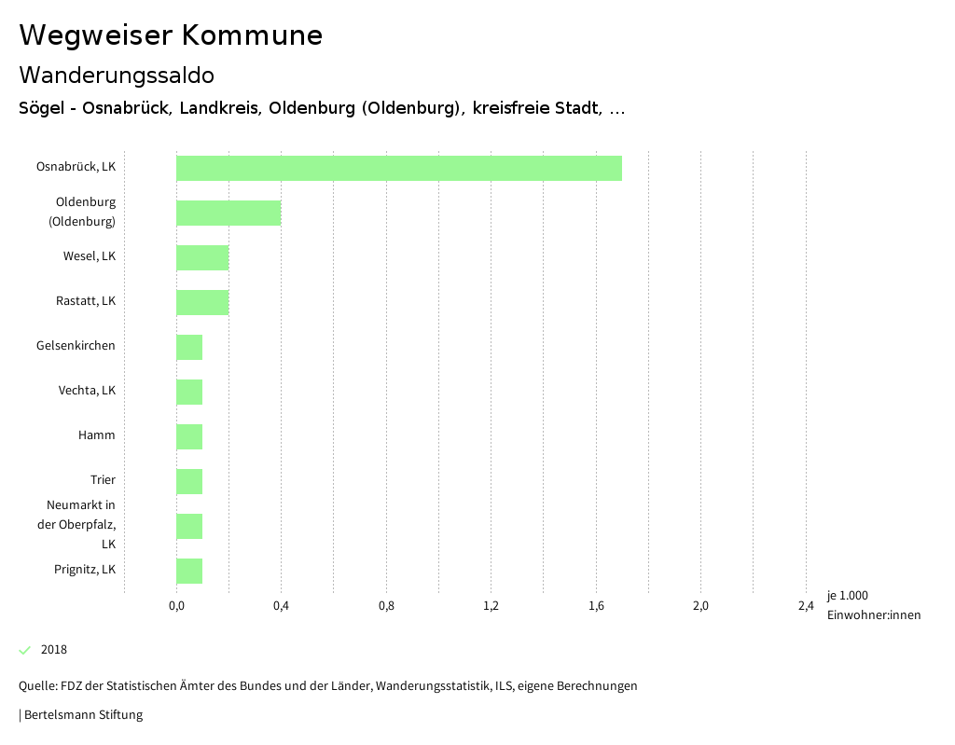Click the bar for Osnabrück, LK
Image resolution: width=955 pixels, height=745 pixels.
[399, 168]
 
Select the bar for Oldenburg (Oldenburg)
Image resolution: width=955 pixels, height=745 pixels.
[228, 213]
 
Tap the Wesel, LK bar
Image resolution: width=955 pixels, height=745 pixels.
[202, 257]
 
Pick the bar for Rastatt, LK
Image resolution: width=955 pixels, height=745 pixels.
[202, 302]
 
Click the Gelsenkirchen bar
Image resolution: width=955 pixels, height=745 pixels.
[189, 347]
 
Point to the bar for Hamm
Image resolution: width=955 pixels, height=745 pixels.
[189, 436]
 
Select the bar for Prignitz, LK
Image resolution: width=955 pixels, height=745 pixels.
[189, 571]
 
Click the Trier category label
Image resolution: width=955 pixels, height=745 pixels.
[103, 480]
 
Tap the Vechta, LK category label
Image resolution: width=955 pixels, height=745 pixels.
[87, 391]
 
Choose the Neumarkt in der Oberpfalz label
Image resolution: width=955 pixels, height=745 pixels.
[81, 524]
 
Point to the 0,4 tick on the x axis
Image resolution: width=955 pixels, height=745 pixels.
[281, 606]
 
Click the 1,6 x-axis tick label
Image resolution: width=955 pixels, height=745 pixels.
[596, 606]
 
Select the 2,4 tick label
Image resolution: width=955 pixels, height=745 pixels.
[806, 606]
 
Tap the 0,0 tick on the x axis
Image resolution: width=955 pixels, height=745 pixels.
[176, 606]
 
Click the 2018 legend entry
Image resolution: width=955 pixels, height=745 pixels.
[53, 650]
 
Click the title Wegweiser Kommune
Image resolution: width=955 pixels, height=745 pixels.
[171, 35]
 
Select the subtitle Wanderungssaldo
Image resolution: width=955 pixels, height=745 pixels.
[117, 75]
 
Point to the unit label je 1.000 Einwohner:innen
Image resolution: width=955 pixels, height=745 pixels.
[873, 605]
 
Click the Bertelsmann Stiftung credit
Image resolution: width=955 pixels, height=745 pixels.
[82, 715]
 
